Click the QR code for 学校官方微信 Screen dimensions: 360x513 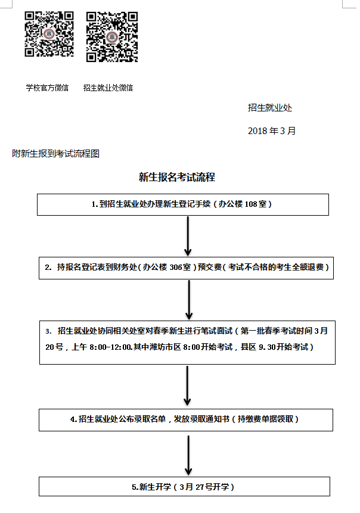coord(49,34)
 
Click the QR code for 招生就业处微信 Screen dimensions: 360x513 coord(112,37)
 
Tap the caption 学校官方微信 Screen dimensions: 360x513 coord(47,88)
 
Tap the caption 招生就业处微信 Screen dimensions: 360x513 coord(108,88)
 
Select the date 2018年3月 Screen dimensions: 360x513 coord(272,131)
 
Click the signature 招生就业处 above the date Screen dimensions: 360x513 coord(269,108)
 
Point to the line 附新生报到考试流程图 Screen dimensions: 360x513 coord(55,154)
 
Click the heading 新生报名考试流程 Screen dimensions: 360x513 coord(177,177)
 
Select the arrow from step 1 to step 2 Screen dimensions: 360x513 coord(188,236)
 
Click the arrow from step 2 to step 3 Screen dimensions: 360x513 coord(189,300)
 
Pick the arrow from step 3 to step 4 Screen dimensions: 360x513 coord(187,385)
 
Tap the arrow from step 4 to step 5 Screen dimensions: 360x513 coord(188,455)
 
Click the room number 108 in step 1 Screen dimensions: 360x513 coord(251,204)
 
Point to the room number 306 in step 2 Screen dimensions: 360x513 coord(175,268)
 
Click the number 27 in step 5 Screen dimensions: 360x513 coord(200,487)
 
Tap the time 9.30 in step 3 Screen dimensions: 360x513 coord(267,347)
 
